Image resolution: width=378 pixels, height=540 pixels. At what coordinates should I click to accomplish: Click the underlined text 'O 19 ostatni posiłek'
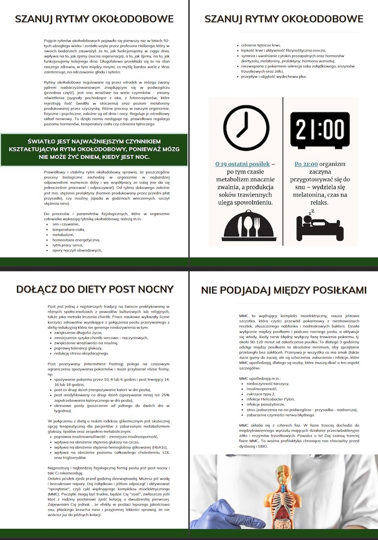click(242, 164)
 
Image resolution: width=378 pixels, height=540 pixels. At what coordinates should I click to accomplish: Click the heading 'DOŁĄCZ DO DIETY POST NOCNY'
click(94, 289)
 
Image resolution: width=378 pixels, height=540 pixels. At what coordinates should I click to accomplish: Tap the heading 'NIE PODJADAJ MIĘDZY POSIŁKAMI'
click(283, 290)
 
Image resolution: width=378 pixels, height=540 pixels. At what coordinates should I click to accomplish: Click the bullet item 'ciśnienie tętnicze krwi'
click(260, 45)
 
